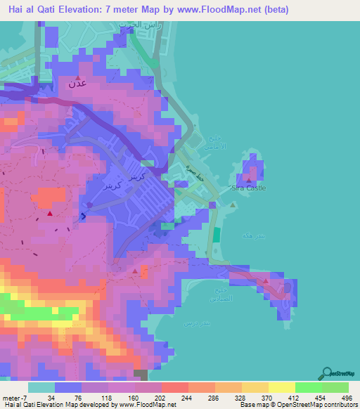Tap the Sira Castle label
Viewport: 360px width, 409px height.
[x=250, y=188]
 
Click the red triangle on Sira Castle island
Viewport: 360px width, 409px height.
[x=249, y=180]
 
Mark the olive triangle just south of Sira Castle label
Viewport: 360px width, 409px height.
[x=233, y=204]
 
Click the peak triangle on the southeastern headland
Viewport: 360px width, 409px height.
[x=266, y=281]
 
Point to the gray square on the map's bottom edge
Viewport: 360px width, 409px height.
[x=141, y=376]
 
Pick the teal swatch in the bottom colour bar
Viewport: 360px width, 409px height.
[x=41, y=387]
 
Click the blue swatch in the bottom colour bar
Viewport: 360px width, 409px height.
[x=68, y=387]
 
